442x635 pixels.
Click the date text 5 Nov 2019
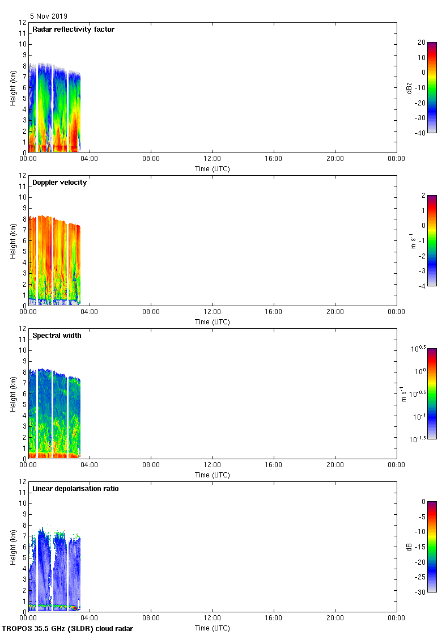48,16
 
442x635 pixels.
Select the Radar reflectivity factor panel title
73,29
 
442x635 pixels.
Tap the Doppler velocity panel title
59,183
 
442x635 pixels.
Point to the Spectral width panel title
57,336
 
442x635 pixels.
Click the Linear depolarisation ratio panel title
75,489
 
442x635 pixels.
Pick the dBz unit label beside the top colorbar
404,87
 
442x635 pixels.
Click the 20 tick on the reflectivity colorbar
420,43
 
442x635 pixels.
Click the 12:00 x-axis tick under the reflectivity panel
212,159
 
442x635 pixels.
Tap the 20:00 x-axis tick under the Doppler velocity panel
335,312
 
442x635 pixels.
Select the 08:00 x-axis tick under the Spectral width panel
151,465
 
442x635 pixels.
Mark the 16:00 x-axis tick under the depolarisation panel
274,619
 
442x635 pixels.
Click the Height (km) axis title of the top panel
12,87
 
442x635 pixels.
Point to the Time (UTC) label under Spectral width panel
212,475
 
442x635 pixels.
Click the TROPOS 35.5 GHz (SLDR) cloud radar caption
67,629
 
